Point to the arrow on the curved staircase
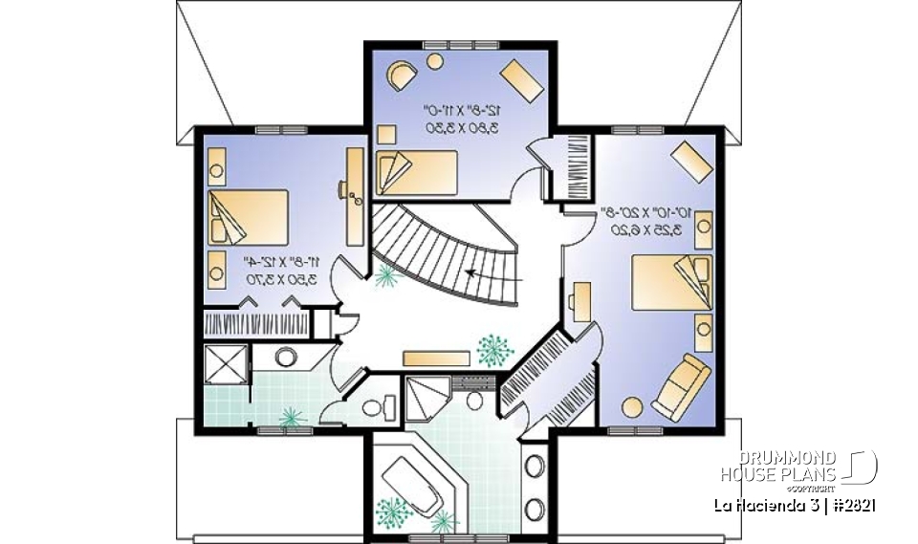coord(493,274)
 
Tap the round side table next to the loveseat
coord(632,405)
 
